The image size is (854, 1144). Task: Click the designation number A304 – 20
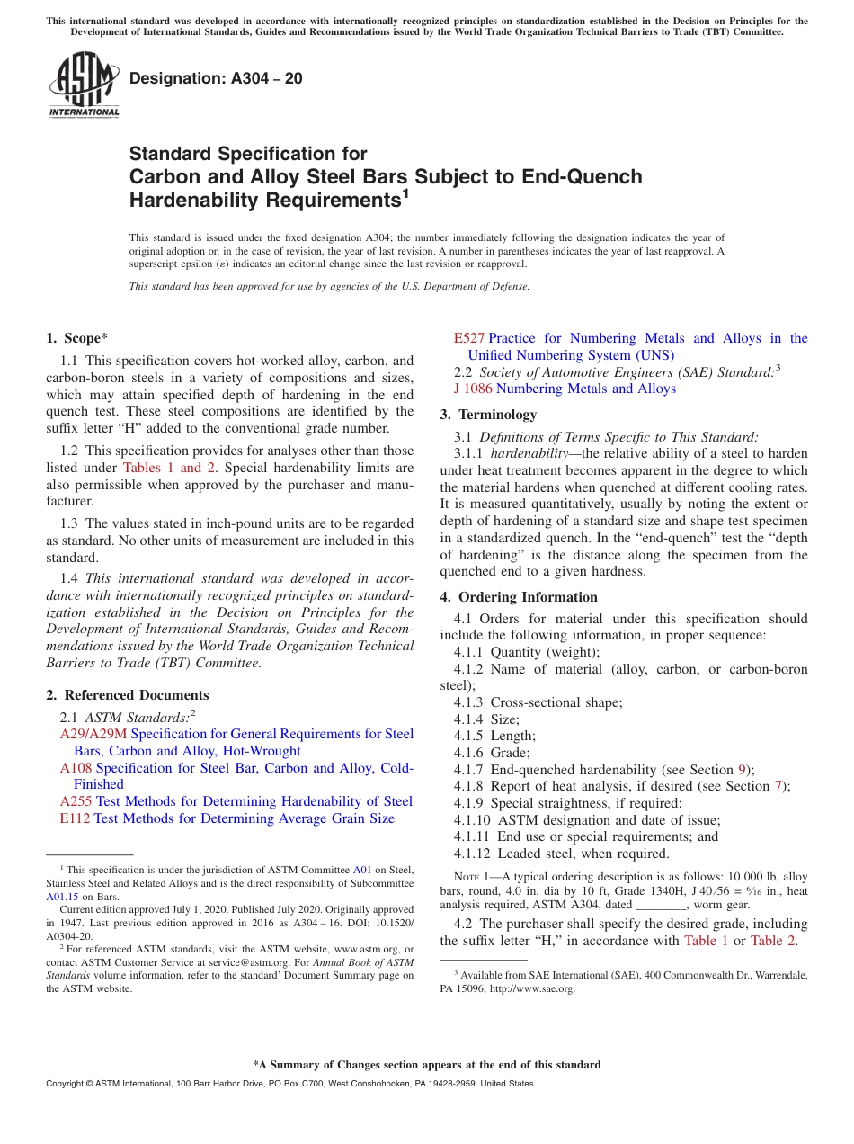(x=216, y=79)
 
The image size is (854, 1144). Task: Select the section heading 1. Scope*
(x=76, y=338)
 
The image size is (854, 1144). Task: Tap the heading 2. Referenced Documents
(x=127, y=695)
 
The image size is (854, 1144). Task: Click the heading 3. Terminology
(x=488, y=415)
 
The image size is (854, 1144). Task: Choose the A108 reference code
(x=76, y=768)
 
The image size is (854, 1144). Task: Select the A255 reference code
(x=76, y=801)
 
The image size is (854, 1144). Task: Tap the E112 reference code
(x=75, y=818)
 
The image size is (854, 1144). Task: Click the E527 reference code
(x=469, y=338)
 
